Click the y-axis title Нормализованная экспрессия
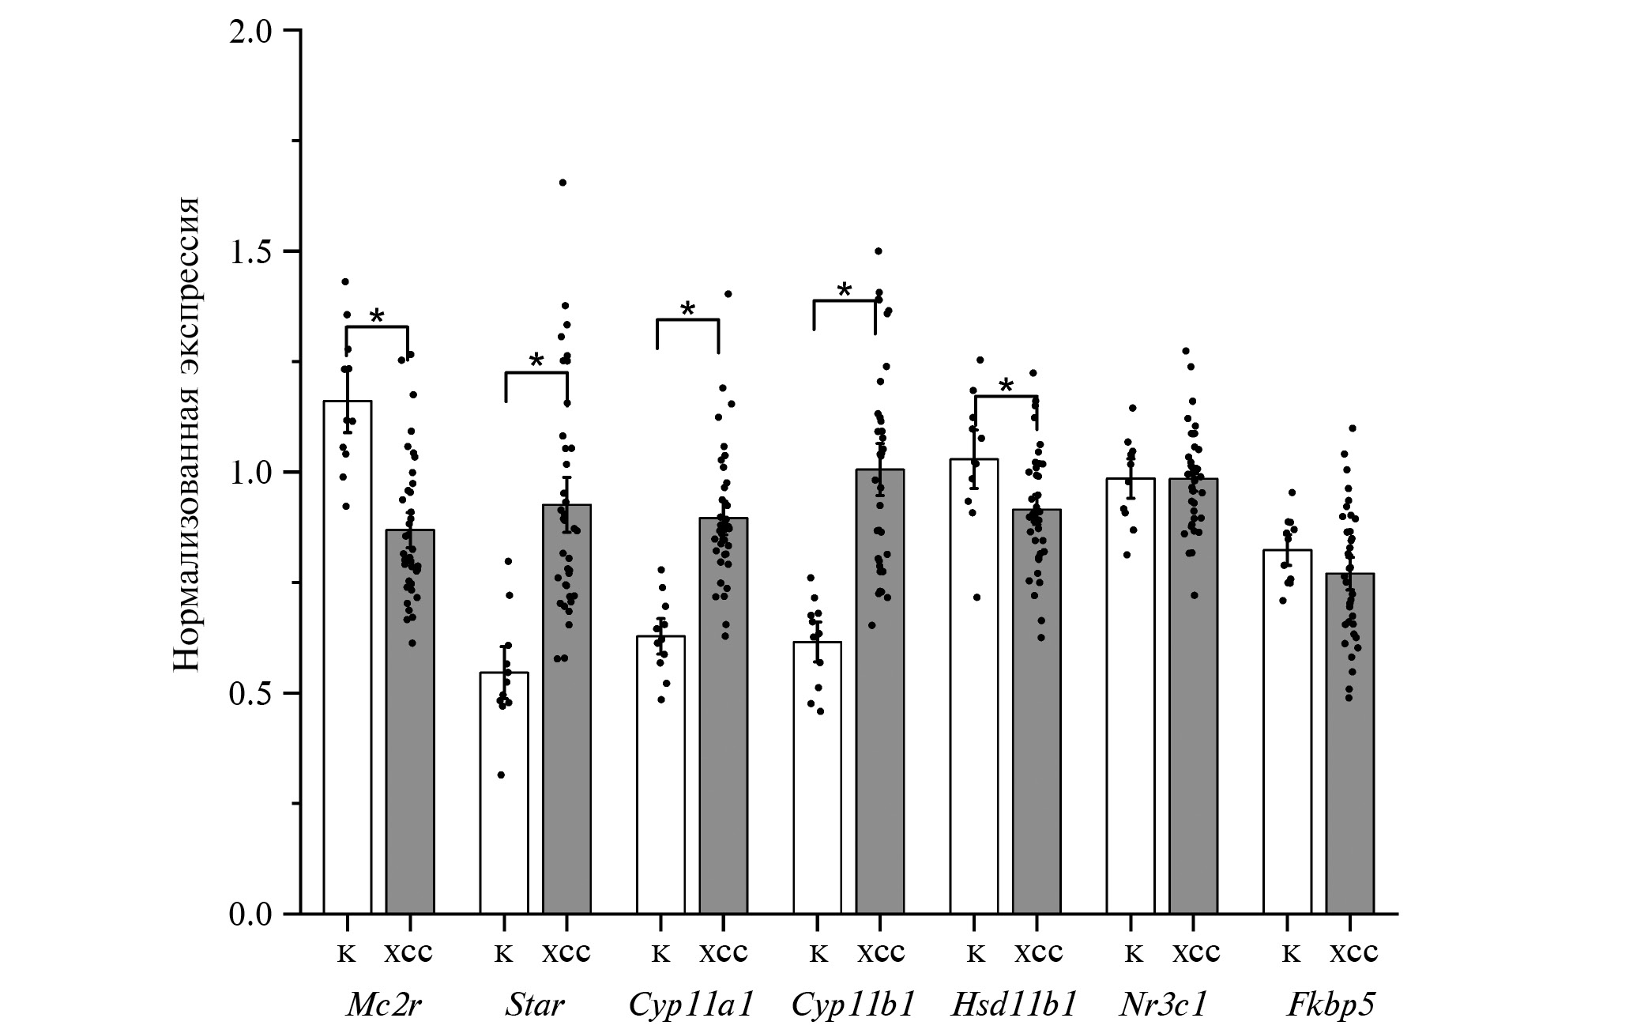click(x=186, y=435)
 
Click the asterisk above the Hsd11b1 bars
click(x=1006, y=386)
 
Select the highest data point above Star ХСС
click(x=563, y=183)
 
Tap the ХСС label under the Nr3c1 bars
click(x=1195, y=953)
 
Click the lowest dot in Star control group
click(x=501, y=775)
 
